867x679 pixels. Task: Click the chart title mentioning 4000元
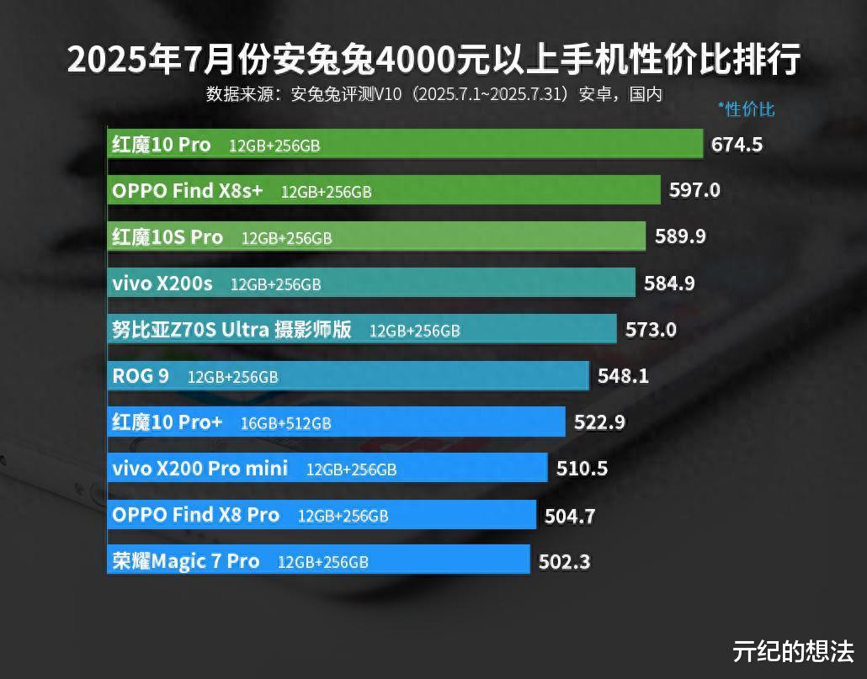point(433,61)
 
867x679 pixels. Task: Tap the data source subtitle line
point(433,93)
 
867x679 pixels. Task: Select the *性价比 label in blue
point(746,109)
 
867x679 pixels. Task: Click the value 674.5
point(737,145)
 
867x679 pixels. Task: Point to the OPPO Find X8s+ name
point(187,191)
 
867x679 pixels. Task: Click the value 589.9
point(680,236)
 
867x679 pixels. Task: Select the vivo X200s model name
point(162,284)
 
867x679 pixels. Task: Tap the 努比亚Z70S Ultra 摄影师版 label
point(231,330)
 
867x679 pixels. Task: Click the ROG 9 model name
point(140,375)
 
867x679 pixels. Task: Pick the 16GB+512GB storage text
point(285,423)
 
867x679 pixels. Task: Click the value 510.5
point(582,469)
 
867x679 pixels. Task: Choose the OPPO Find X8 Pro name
point(195,514)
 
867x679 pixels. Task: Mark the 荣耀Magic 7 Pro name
point(185,560)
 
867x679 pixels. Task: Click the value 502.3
point(564,561)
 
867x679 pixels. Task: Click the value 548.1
point(623,376)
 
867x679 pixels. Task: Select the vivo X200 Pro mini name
point(199,468)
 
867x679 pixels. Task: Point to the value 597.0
point(694,190)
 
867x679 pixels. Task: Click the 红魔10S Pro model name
point(168,237)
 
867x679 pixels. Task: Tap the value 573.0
point(651,330)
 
